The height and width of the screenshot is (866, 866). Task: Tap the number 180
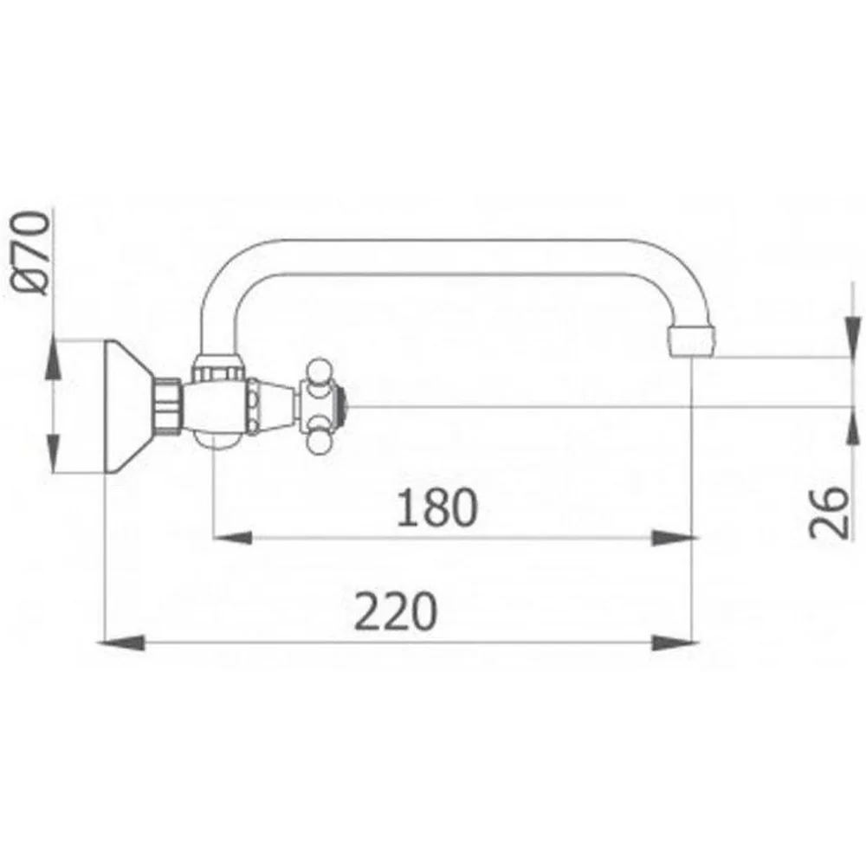tap(436, 507)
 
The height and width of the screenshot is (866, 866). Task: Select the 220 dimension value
tap(396, 611)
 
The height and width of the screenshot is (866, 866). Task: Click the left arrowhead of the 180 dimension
tap(232, 537)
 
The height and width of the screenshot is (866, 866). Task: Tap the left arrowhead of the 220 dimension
tap(121, 643)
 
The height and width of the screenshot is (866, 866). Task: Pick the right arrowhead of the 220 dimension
tap(675, 643)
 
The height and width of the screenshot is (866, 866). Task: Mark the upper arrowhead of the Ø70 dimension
tap(53, 359)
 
